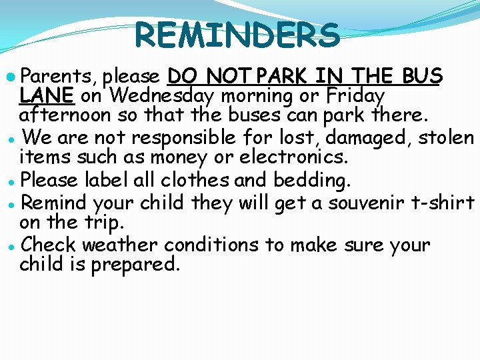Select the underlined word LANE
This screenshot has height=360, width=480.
[47, 97]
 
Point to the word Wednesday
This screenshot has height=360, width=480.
[163, 97]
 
